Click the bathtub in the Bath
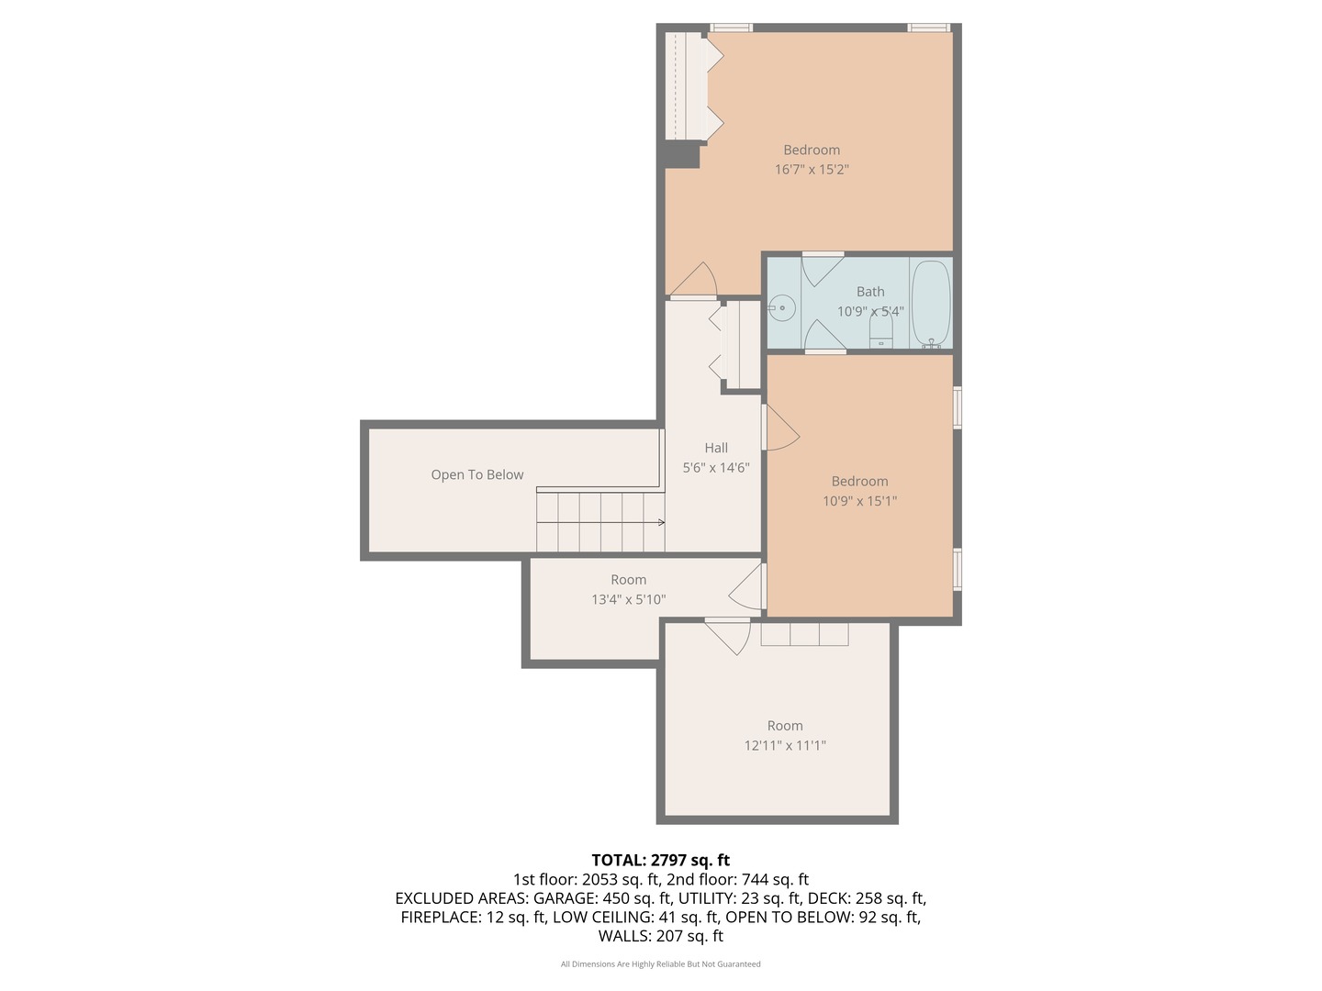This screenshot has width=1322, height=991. pyautogui.click(x=930, y=304)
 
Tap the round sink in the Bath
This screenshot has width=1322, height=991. pyautogui.click(x=782, y=307)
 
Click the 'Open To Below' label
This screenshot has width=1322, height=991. pyautogui.click(x=476, y=474)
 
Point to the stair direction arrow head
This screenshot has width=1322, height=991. pyautogui.click(x=661, y=523)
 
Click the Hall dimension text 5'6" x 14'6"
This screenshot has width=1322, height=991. pyautogui.click(x=716, y=468)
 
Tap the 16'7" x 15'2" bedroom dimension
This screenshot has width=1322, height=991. pyautogui.click(x=812, y=170)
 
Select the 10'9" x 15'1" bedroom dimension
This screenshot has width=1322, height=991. pyautogui.click(x=859, y=501)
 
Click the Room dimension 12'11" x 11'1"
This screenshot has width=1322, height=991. pyautogui.click(x=785, y=746)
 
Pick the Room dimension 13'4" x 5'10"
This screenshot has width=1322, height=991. pyautogui.click(x=629, y=600)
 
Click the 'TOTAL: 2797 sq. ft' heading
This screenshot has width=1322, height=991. pyautogui.click(x=660, y=860)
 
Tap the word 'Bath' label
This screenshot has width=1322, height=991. pyautogui.click(x=870, y=292)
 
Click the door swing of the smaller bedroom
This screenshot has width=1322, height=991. pyautogui.click(x=780, y=429)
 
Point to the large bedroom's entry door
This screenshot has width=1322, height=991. pyautogui.click(x=696, y=281)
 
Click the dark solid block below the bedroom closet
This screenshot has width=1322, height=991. pyautogui.click(x=681, y=155)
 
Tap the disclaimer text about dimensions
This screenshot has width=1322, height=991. pyautogui.click(x=660, y=964)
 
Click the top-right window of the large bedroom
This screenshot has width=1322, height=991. pyautogui.click(x=928, y=28)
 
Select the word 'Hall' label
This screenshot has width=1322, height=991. pyautogui.click(x=716, y=448)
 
